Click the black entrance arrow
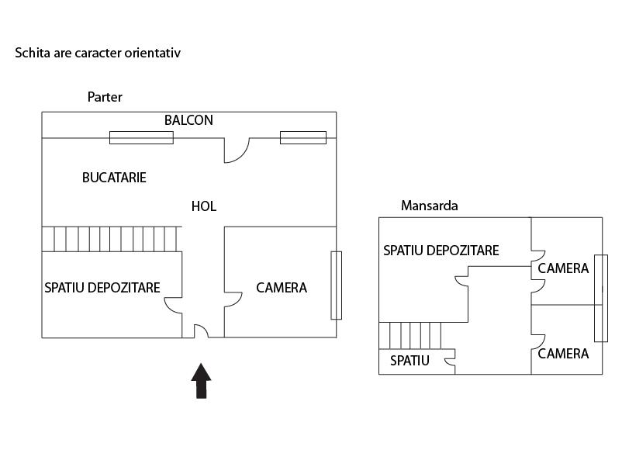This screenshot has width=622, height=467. (202, 381)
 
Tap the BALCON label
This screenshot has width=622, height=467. (188, 121)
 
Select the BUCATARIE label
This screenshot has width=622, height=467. (114, 178)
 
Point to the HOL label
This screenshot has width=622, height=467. (204, 206)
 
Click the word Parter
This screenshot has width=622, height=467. (105, 97)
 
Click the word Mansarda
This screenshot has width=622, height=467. (429, 206)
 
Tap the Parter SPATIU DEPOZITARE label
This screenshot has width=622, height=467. (102, 288)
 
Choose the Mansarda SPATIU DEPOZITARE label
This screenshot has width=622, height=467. (441, 251)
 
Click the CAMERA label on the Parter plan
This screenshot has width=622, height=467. (282, 288)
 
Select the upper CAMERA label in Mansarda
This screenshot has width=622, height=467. (563, 269)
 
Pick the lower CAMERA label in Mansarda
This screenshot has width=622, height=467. (563, 354)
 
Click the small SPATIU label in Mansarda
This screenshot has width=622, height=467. (409, 361)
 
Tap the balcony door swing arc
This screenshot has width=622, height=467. (236, 150)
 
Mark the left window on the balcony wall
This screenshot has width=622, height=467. (141, 137)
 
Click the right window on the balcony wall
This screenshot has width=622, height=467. (302, 137)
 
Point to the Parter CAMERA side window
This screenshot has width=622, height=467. (336, 285)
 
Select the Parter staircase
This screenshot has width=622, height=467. (112, 239)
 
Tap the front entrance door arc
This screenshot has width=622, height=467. (201, 331)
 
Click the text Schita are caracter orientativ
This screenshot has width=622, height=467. (98, 54)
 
